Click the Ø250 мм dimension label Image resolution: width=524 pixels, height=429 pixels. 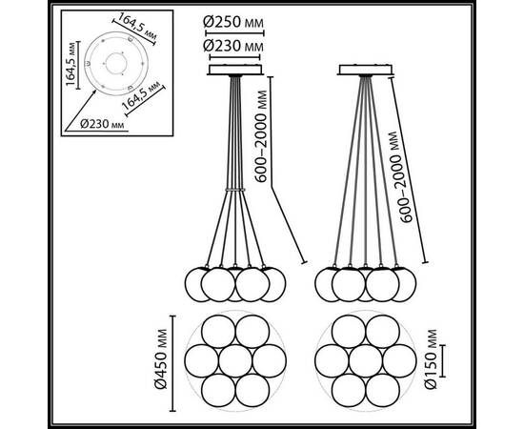point(233,22)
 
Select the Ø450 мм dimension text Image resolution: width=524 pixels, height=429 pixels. point(161,359)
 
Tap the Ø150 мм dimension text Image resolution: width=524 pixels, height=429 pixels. point(431,359)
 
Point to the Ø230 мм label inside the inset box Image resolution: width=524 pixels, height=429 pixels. point(102,124)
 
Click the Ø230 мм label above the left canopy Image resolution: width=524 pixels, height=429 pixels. point(233,46)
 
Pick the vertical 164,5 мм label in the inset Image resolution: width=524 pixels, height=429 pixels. point(71,64)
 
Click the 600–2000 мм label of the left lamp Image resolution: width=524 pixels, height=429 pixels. point(261,136)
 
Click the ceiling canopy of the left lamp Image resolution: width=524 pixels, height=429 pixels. point(235,70)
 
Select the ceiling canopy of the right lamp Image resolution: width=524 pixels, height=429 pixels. point(366,70)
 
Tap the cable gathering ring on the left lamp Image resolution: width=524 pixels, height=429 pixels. point(235,190)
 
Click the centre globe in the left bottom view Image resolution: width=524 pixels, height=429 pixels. point(235,361)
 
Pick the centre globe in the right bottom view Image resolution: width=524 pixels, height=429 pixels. point(366,361)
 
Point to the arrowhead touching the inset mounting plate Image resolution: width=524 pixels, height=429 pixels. point(94,92)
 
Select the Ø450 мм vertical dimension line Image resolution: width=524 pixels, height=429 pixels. point(172,363)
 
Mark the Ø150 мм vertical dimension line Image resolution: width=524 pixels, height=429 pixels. point(443,360)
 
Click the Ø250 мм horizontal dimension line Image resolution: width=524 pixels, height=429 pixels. point(234,33)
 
